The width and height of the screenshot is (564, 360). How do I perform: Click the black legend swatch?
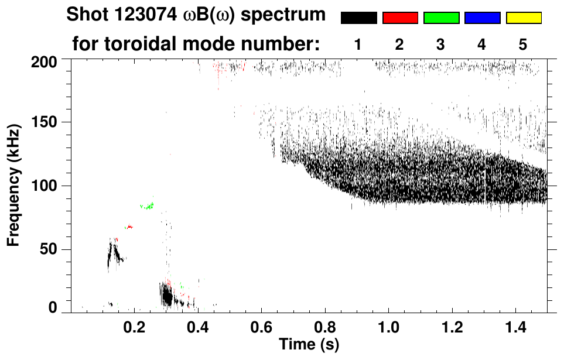(x=359, y=18)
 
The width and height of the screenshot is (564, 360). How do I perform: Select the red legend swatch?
(x=400, y=18)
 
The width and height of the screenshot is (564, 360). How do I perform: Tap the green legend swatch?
(x=441, y=18)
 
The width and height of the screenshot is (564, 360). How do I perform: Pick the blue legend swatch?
(x=482, y=18)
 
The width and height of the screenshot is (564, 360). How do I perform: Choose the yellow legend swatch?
(x=524, y=18)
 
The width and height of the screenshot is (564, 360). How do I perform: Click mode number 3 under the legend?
(x=440, y=44)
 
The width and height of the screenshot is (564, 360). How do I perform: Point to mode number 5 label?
(x=522, y=44)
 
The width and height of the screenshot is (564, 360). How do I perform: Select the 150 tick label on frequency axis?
(x=45, y=122)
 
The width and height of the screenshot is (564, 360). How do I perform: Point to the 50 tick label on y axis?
(x=49, y=250)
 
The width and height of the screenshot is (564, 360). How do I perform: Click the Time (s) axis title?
(x=308, y=344)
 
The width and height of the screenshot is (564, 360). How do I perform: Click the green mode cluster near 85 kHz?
(x=147, y=205)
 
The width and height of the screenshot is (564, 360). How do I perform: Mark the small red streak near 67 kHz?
(x=129, y=227)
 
